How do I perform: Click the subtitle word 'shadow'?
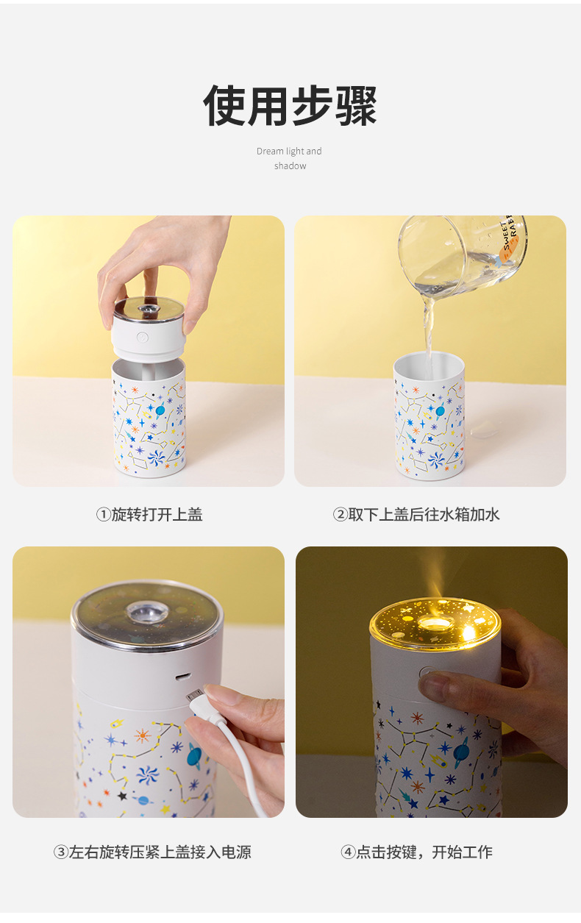[290, 166]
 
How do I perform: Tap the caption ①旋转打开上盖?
[149, 515]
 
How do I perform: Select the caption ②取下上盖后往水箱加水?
[417, 515]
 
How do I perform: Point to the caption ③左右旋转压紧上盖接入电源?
[152, 852]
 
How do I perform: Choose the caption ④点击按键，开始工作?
[417, 852]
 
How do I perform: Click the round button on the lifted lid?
[143, 338]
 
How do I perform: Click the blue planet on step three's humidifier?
[195, 755]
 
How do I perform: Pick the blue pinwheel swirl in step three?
[147, 774]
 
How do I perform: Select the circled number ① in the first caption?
[103, 515]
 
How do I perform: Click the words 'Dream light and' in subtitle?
[289, 152]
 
